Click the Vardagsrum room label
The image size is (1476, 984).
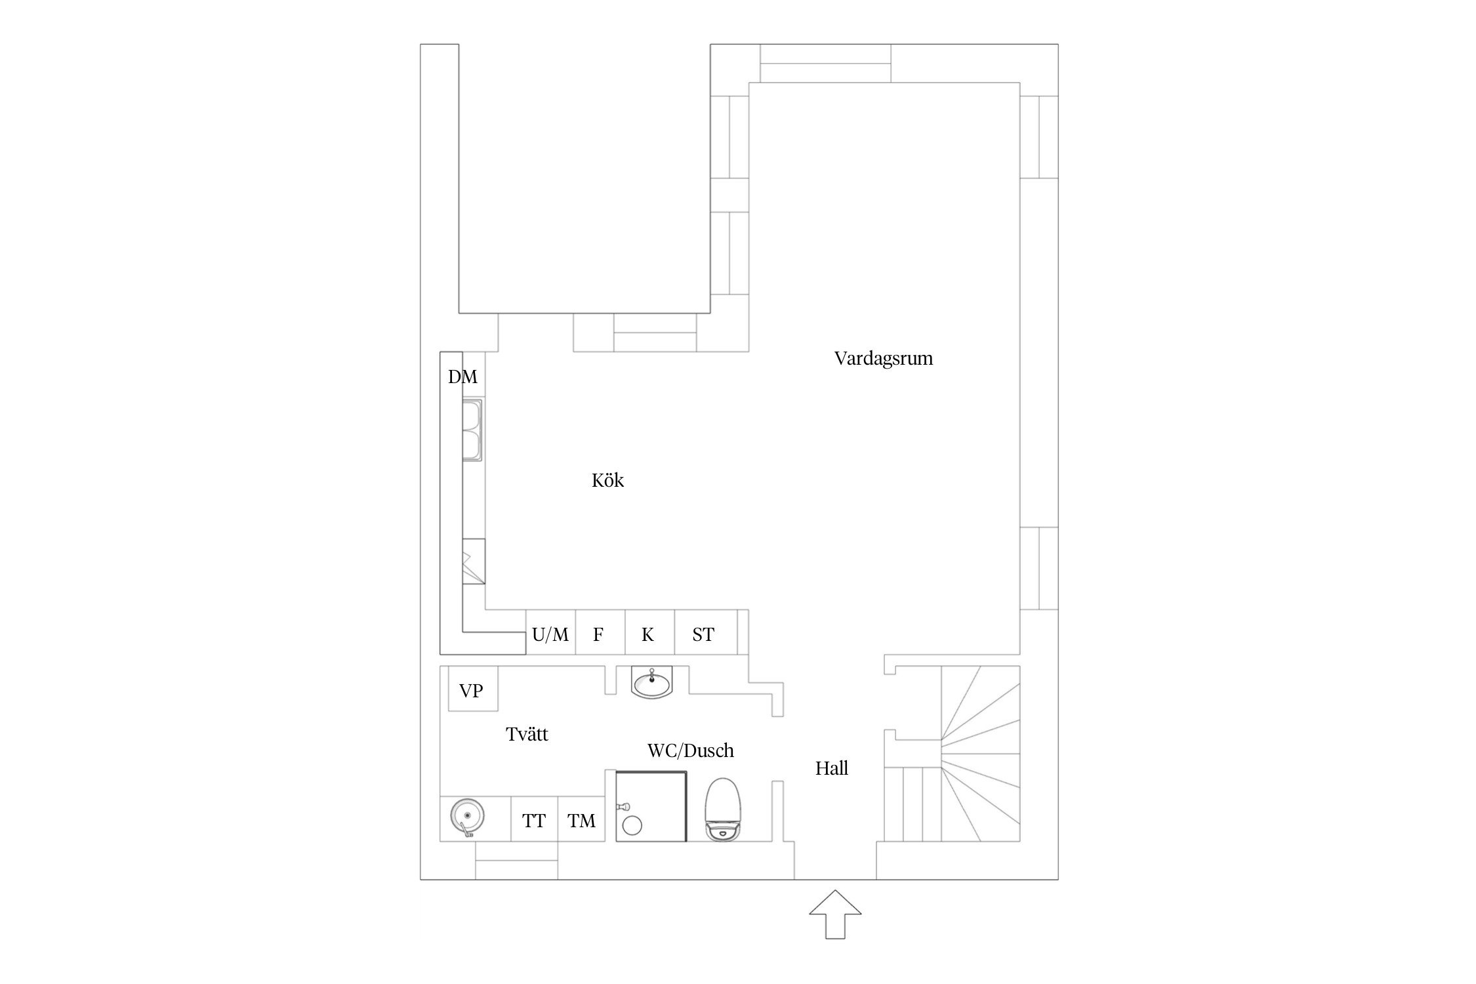click(883, 359)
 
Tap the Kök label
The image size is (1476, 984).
click(607, 480)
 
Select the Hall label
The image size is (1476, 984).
click(832, 768)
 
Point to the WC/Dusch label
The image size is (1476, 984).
click(690, 750)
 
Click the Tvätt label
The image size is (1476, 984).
click(527, 733)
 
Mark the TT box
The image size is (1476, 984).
click(534, 819)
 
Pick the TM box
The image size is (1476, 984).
click(581, 819)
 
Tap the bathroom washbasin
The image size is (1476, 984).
click(651, 683)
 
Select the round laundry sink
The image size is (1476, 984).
click(467, 817)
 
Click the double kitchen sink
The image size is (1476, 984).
click(472, 430)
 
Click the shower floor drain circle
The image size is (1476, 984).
click(632, 825)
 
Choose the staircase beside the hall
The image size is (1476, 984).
click(951, 754)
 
